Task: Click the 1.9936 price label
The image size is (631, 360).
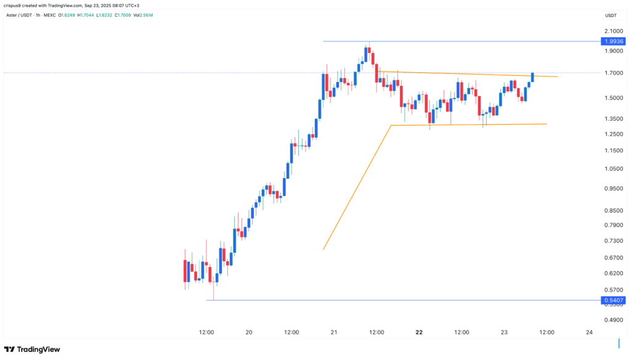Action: pos(614,41)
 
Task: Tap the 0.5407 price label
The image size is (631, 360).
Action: pos(614,301)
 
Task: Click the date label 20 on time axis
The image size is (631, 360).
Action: pos(249,333)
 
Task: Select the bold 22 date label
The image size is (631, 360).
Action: pos(419,333)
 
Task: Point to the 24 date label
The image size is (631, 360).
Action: pos(589,333)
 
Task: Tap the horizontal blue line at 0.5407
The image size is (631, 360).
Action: pos(401,301)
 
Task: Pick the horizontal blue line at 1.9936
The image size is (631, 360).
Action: pos(462,41)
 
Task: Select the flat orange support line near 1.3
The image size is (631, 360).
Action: pos(468,125)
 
